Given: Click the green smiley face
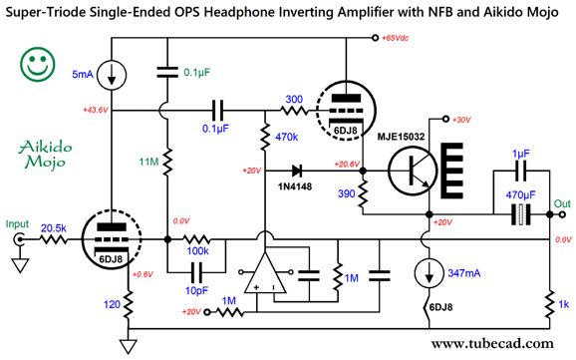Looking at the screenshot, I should (38, 65).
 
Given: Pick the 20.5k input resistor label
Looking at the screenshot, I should (54, 228).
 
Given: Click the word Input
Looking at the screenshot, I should (17, 225).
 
